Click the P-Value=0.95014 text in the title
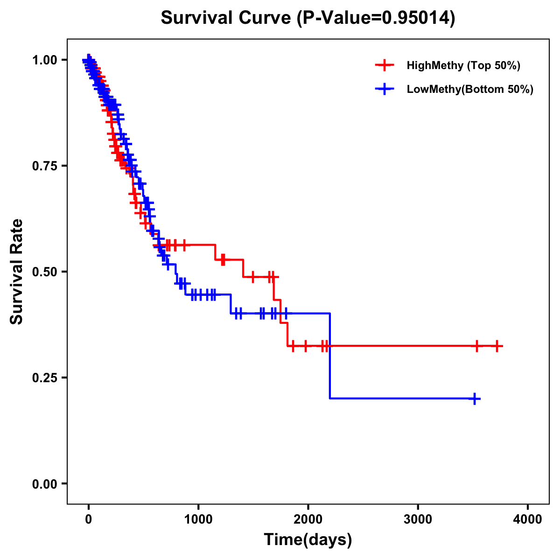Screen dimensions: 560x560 (x=377, y=18)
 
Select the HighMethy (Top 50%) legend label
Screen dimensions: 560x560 (x=463, y=65)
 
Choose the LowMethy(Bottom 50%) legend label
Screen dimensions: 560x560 (x=470, y=89)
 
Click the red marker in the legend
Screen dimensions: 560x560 (x=385, y=65)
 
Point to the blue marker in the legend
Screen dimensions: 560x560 (x=385, y=89)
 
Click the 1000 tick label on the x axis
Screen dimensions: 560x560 (x=198, y=519)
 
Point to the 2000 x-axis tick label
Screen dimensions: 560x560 (x=308, y=519)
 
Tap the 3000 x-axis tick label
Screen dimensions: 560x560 (x=418, y=519)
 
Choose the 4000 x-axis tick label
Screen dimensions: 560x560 (x=528, y=519)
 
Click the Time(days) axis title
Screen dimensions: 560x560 (x=308, y=540)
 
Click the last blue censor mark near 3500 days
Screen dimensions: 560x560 (x=474, y=399)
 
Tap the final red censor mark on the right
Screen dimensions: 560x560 (x=497, y=346)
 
